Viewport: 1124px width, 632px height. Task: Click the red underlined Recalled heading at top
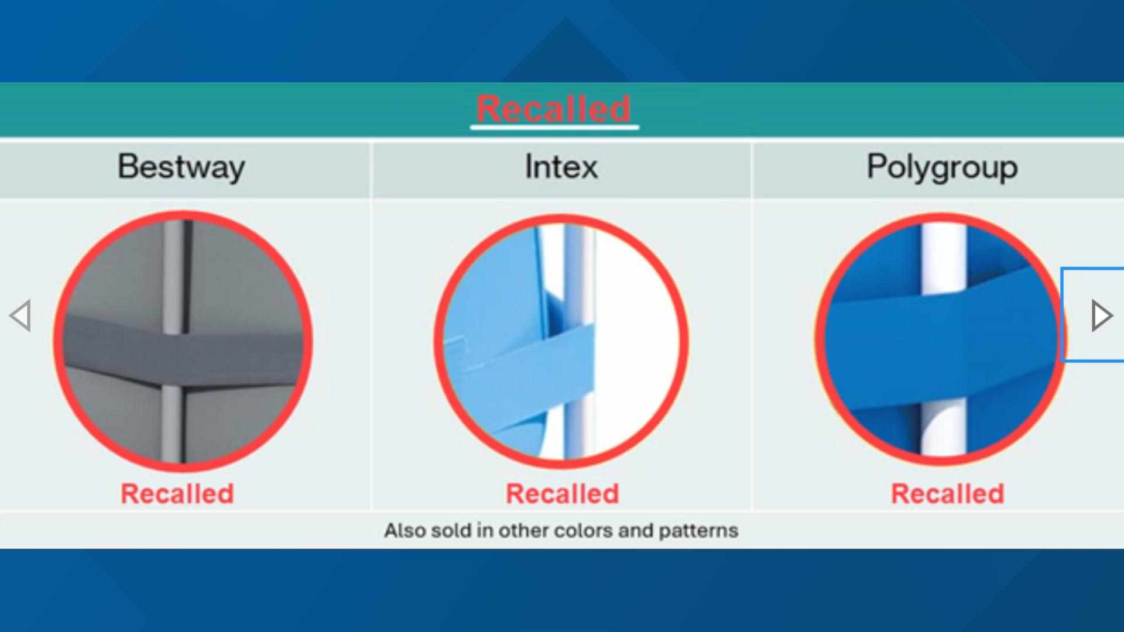pos(553,108)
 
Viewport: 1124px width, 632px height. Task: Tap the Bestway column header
pos(181,167)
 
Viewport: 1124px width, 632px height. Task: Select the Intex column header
pos(561,167)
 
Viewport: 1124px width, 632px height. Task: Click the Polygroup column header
pos(942,167)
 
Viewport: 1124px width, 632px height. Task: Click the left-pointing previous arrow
pos(20,316)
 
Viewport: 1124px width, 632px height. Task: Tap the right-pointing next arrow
pos(1101,316)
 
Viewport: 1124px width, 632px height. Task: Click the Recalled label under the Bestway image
pos(177,493)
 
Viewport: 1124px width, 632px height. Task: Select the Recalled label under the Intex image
pos(562,493)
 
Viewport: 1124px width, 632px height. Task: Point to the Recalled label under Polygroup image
pos(947,493)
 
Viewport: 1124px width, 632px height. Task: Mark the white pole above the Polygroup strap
pos(943,257)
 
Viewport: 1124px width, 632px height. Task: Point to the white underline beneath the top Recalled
pos(554,126)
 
